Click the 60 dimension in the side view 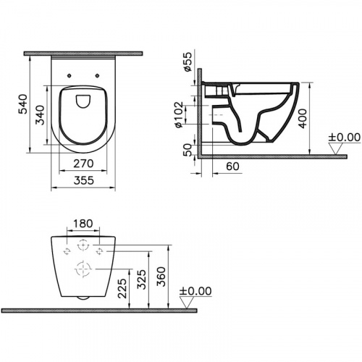click(x=233, y=166)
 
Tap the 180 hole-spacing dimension click(x=83, y=224)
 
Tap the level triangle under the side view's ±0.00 click(x=336, y=148)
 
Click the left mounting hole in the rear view click(x=67, y=251)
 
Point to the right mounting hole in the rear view click(x=100, y=251)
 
